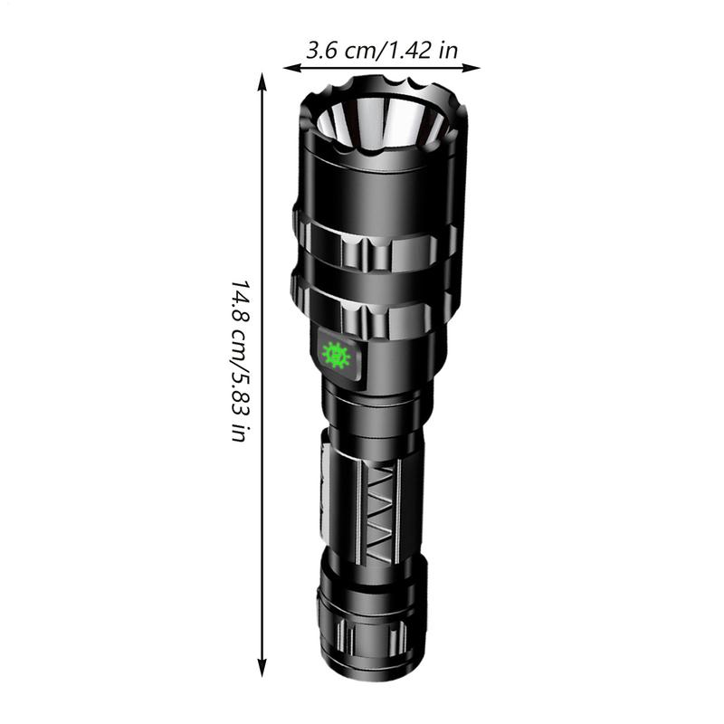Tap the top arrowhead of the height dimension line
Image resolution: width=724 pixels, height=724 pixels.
pyautogui.click(x=262, y=80)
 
